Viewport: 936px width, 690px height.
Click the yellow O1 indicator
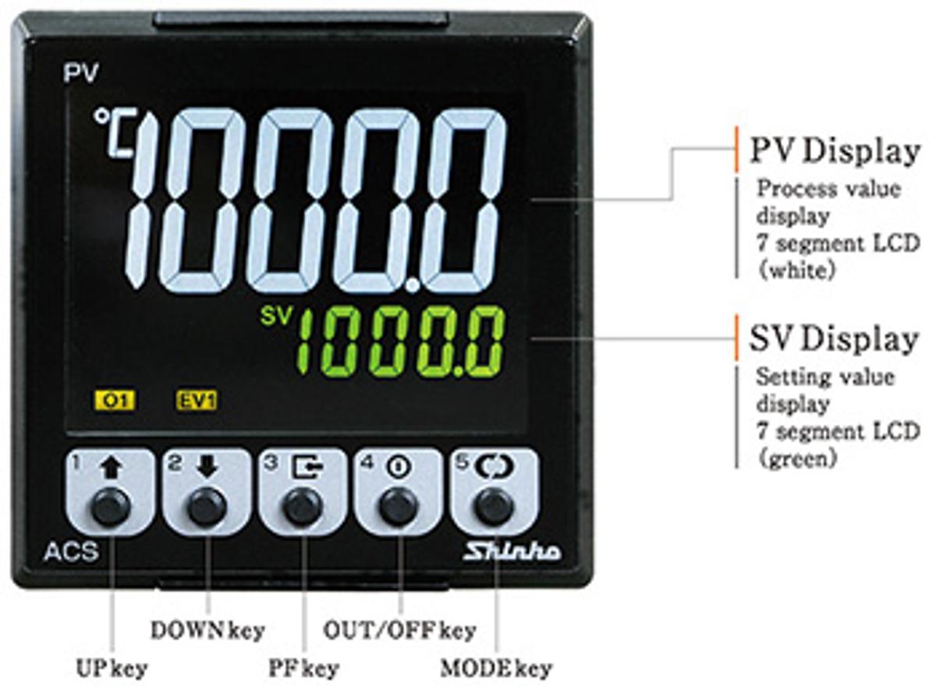click(115, 401)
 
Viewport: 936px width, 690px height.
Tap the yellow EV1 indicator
click(197, 401)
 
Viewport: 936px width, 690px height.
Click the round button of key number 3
click(303, 508)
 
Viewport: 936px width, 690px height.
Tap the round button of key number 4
click(399, 508)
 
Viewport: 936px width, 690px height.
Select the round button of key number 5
click(495, 508)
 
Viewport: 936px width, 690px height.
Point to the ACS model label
click(71, 551)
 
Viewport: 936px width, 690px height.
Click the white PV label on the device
click(80, 73)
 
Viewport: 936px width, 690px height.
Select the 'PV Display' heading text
click(835, 152)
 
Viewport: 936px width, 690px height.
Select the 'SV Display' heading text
click(834, 340)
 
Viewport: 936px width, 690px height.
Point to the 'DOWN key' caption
click(207, 630)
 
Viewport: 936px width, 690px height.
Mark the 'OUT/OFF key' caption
click(400, 630)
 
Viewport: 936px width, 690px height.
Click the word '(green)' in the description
click(797, 459)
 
